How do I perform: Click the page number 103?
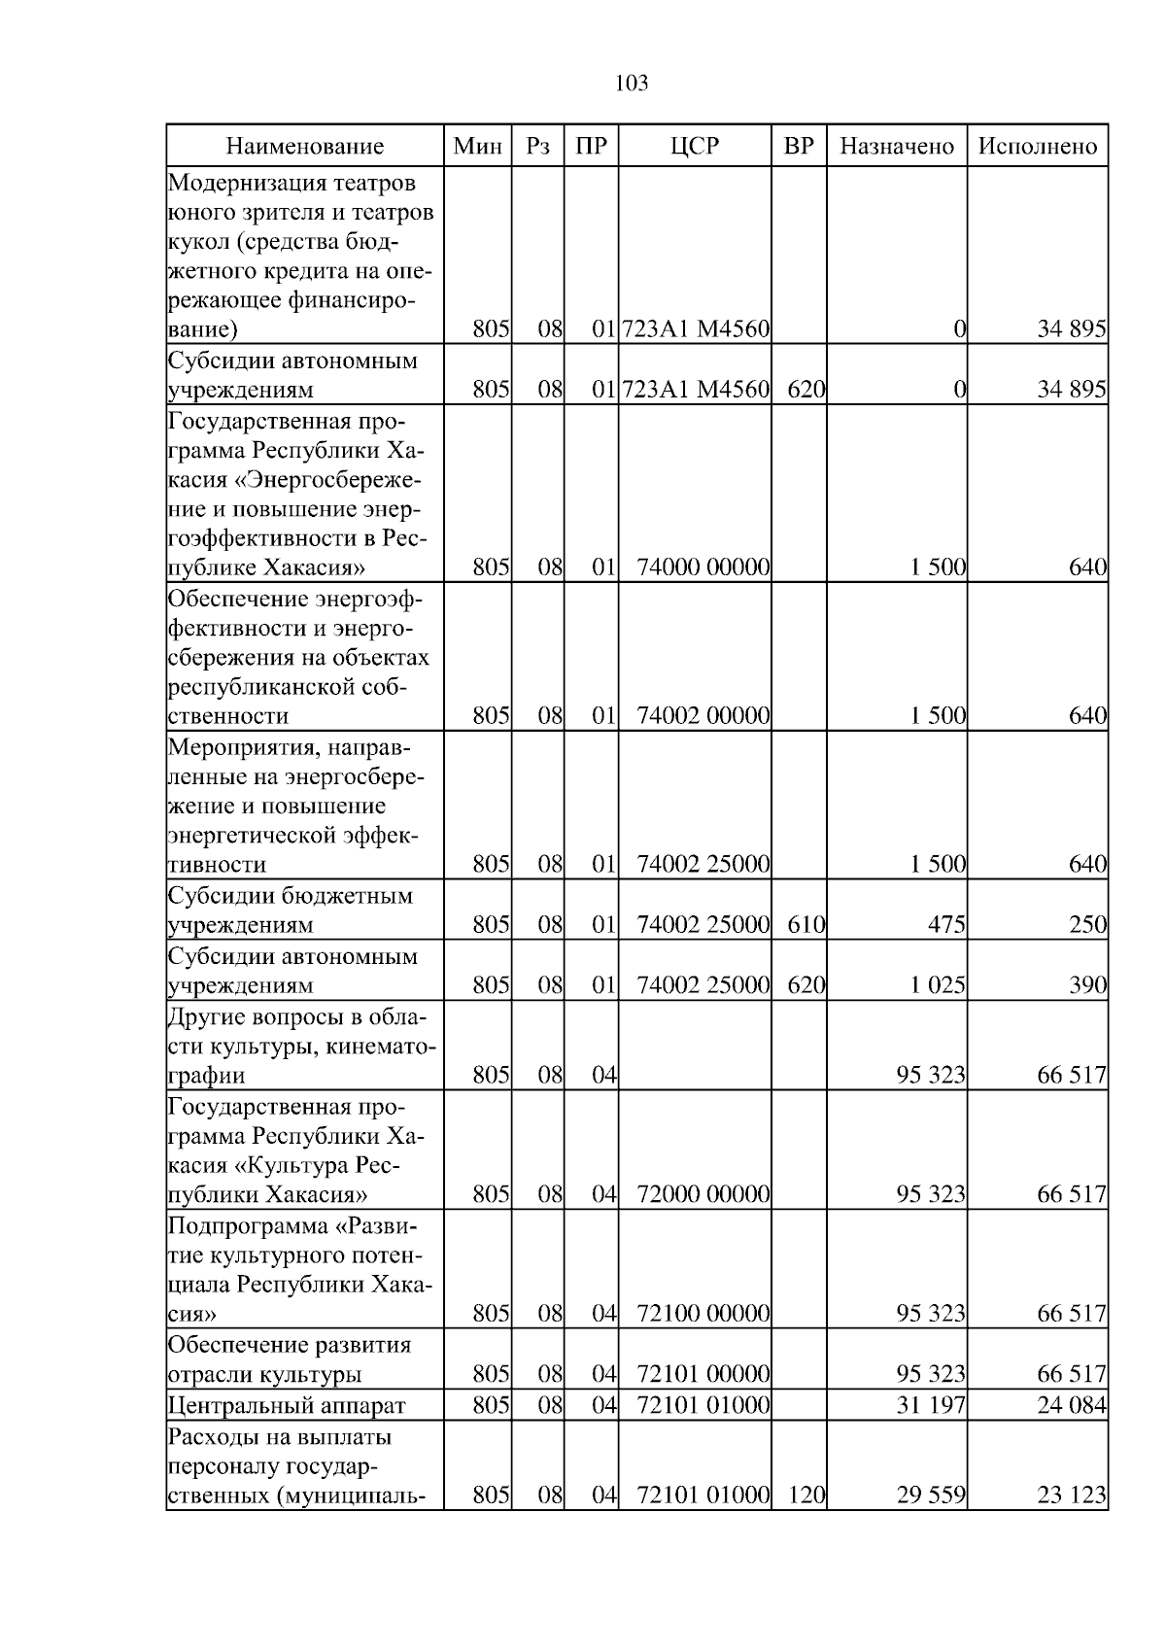pos(632,84)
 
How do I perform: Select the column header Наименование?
pos(305,147)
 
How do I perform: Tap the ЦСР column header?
pos(695,147)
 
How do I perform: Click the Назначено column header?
pos(897,147)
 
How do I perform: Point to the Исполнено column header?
pos(1038,147)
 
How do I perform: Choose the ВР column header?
pos(799,147)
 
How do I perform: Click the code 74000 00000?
pos(703,567)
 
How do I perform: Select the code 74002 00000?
pos(703,716)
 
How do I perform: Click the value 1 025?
pos(938,986)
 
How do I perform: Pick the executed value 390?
pos(1088,986)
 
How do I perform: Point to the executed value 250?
pos(1088,925)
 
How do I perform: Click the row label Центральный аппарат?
pos(287,1405)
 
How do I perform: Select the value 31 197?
pos(931,1405)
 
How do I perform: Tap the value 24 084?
pos(1072,1405)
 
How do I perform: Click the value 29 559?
pos(931,1495)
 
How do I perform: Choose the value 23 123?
pos(1072,1495)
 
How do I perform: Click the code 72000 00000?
pos(703,1194)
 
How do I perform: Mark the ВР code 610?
pos(806,925)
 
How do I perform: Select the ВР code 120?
pos(806,1495)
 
